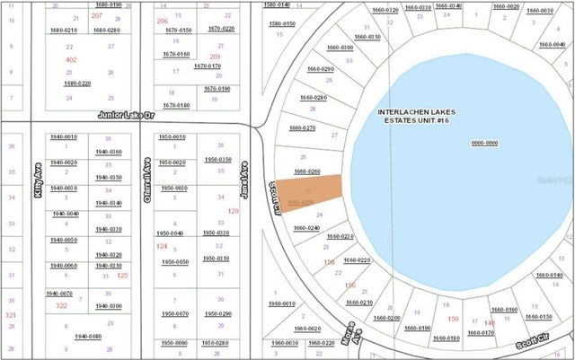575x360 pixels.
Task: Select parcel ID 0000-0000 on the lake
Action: [484, 143]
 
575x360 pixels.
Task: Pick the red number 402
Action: [71, 59]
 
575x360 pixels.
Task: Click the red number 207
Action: [96, 16]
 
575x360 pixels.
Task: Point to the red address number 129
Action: [234, 211]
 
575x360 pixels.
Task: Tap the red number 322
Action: [61, 306]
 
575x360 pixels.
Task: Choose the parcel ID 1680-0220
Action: [77, 83]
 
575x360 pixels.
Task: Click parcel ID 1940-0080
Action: [88, 337]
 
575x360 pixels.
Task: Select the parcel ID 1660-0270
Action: [303, 128]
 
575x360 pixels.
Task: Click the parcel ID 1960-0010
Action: [283, 303]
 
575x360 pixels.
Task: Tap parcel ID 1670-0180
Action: [176, 105]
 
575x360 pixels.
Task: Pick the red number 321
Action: [11, 316]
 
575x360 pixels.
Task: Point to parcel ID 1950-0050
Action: [174, 262]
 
